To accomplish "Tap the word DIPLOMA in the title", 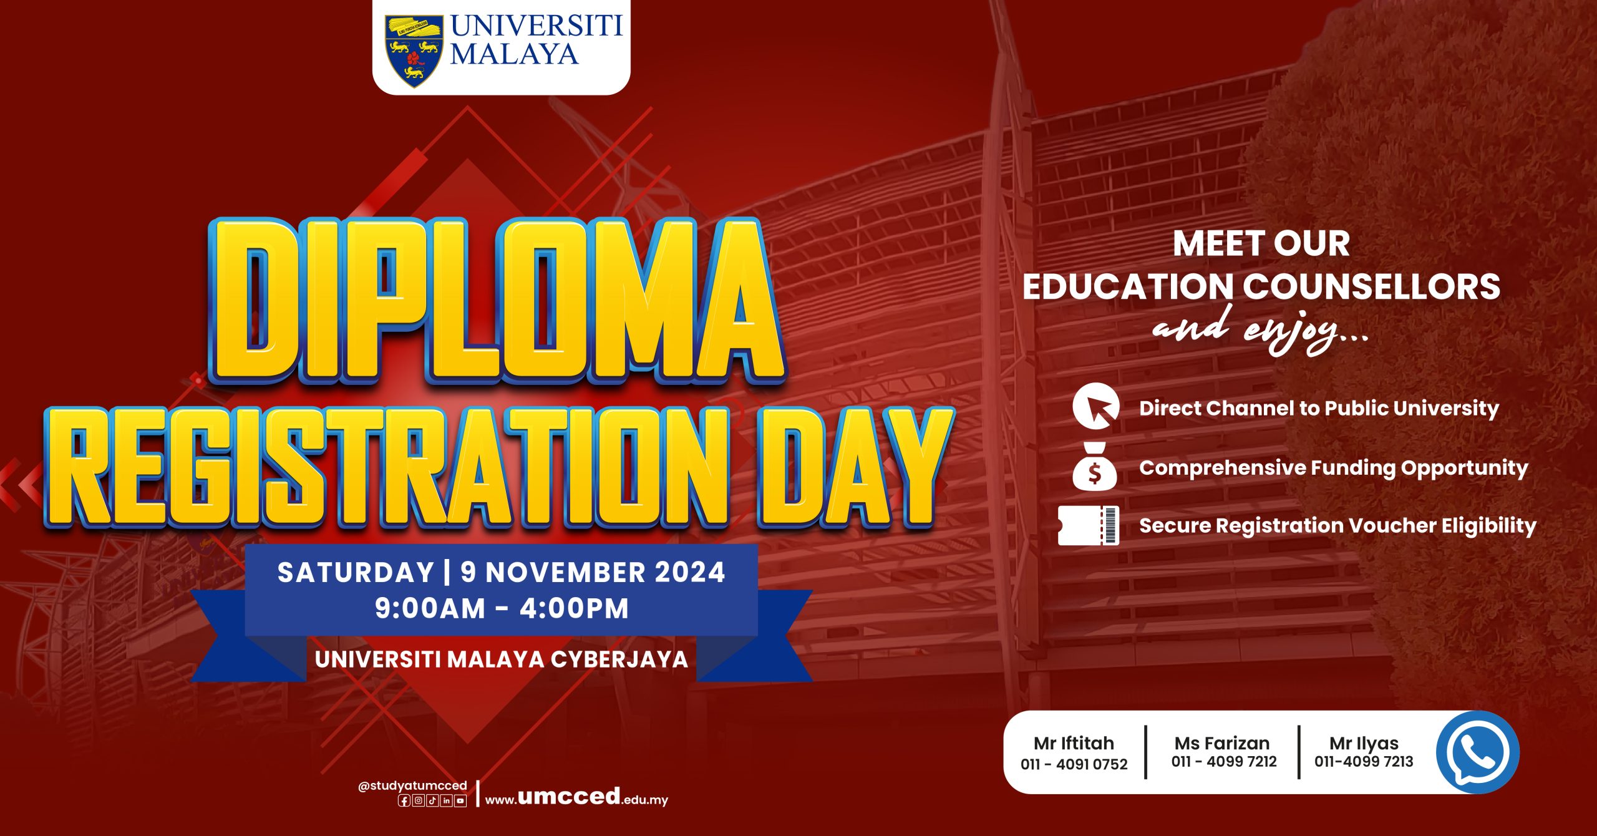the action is pos(497,301).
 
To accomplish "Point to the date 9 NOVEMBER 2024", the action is pos(593,573).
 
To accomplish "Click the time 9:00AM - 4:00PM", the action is pos(502,608).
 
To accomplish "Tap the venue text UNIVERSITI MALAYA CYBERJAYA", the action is pos(502,659).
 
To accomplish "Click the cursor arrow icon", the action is pos(1096,406).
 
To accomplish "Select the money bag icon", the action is pos(1095,466).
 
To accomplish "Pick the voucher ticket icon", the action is pos(1089,525).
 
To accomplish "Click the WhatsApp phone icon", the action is pos(1478,752).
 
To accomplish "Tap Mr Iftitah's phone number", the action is pos(1074,764).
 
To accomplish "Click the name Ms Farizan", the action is pos(1222,743).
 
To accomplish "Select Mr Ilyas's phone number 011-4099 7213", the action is pos(1364,761).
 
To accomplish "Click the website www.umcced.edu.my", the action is pos(576,797).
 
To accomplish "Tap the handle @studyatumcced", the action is pos(412,785).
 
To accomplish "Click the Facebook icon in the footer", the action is pos(404,800).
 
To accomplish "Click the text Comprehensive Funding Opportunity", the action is pos(1334,468).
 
